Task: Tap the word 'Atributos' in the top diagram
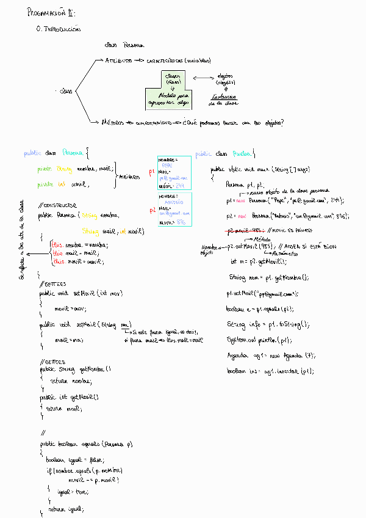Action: (118, 61)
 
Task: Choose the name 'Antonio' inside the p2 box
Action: (175, 202)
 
